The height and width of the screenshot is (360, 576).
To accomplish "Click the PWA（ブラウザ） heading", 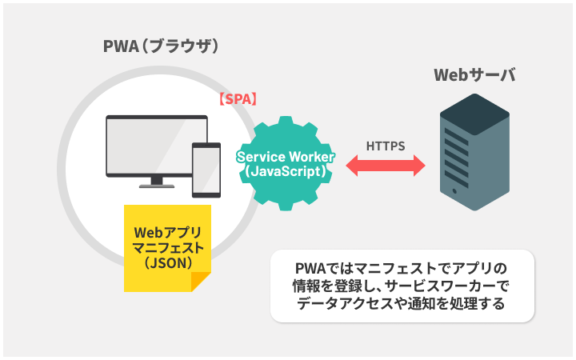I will click(x=162, y=47).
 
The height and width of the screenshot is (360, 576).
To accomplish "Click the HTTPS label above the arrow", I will click(x=386, y=146).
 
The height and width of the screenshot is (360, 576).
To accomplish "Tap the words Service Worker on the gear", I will click(x=286, y=157).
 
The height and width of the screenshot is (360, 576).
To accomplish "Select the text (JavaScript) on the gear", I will click(x=286, y=171).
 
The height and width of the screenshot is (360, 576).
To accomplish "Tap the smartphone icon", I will click(x=206, y=169).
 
